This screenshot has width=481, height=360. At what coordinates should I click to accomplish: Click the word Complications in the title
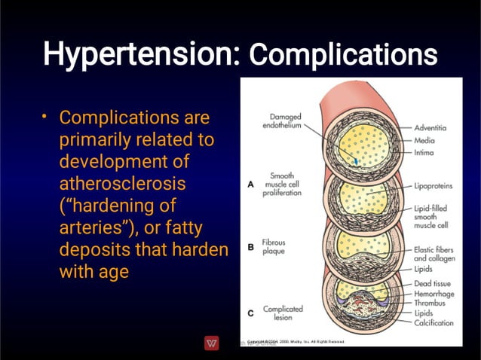(343, 55)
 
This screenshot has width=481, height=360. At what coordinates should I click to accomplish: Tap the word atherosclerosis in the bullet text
(123, 183)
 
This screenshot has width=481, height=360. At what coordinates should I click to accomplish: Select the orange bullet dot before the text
(45, 116)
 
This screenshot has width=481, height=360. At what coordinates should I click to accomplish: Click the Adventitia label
(430, 128)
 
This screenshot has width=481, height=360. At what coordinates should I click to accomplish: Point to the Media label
(424, 140)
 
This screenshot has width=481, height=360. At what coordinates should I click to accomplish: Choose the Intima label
(424, 153)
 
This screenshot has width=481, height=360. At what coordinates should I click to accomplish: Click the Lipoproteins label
(434, 185)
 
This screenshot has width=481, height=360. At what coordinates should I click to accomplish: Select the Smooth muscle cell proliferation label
(282, 184)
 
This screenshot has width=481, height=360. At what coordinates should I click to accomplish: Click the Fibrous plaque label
(274, 248)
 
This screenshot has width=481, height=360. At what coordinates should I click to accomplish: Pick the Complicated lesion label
(283, 313)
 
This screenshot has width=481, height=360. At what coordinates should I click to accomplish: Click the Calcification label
(434, 323)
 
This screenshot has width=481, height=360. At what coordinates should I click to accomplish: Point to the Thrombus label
(429, 303)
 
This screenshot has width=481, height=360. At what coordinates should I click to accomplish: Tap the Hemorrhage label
(434, 293)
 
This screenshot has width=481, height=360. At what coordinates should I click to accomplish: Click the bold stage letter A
(250, 182)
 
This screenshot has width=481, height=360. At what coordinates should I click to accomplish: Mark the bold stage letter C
(250, 313)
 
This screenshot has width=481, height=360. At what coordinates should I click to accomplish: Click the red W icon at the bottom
(212, 343)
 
